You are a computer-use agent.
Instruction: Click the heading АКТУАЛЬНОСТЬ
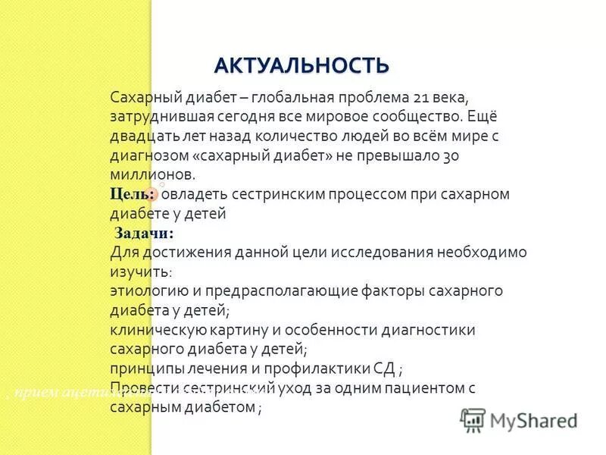[301, 65]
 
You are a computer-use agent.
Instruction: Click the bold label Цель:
[133, 194]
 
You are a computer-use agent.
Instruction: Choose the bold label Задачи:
[144, 232]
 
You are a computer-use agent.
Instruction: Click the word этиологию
[148, 290]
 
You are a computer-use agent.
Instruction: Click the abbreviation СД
[384, 369]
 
